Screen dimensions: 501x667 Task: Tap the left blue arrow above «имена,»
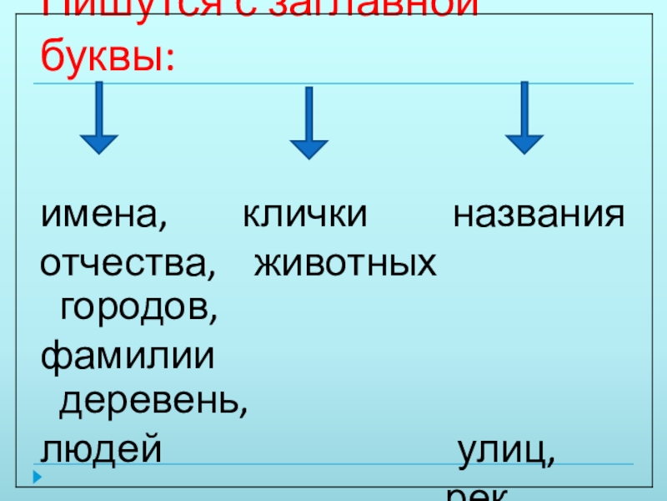[x=98, y=117]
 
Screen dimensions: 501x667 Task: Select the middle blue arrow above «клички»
[x=309, y=122]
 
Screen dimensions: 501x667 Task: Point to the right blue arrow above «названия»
[x=524, y=117]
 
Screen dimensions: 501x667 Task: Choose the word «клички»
[x=304, y=216]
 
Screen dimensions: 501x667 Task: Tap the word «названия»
[x=538, y=216]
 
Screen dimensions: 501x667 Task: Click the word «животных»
[x=344, y=264]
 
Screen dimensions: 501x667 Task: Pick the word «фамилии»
[x=127, y=357]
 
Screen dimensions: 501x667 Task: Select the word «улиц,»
[x=504, y=451]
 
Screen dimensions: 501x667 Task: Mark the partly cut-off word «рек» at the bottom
[x=478, y=494]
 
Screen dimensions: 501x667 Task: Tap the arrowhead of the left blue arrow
[x=98, y=142]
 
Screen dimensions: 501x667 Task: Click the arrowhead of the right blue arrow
[x=524, y=142]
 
